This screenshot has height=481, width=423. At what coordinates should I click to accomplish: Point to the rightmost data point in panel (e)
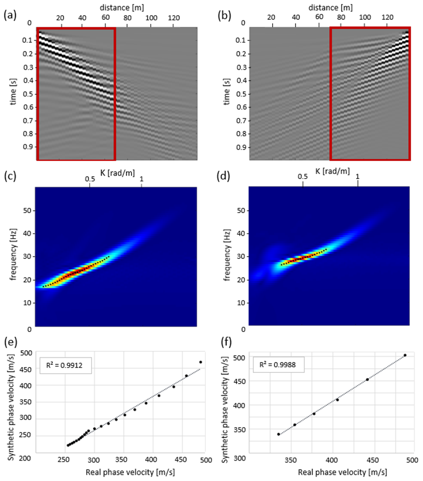point(200,362)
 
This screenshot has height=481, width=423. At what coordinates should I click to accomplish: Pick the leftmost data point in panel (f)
point(278,435)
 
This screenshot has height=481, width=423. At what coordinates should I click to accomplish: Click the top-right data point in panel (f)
point(405,355)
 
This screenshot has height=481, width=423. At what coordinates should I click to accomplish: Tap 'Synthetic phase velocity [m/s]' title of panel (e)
point(8,399)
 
